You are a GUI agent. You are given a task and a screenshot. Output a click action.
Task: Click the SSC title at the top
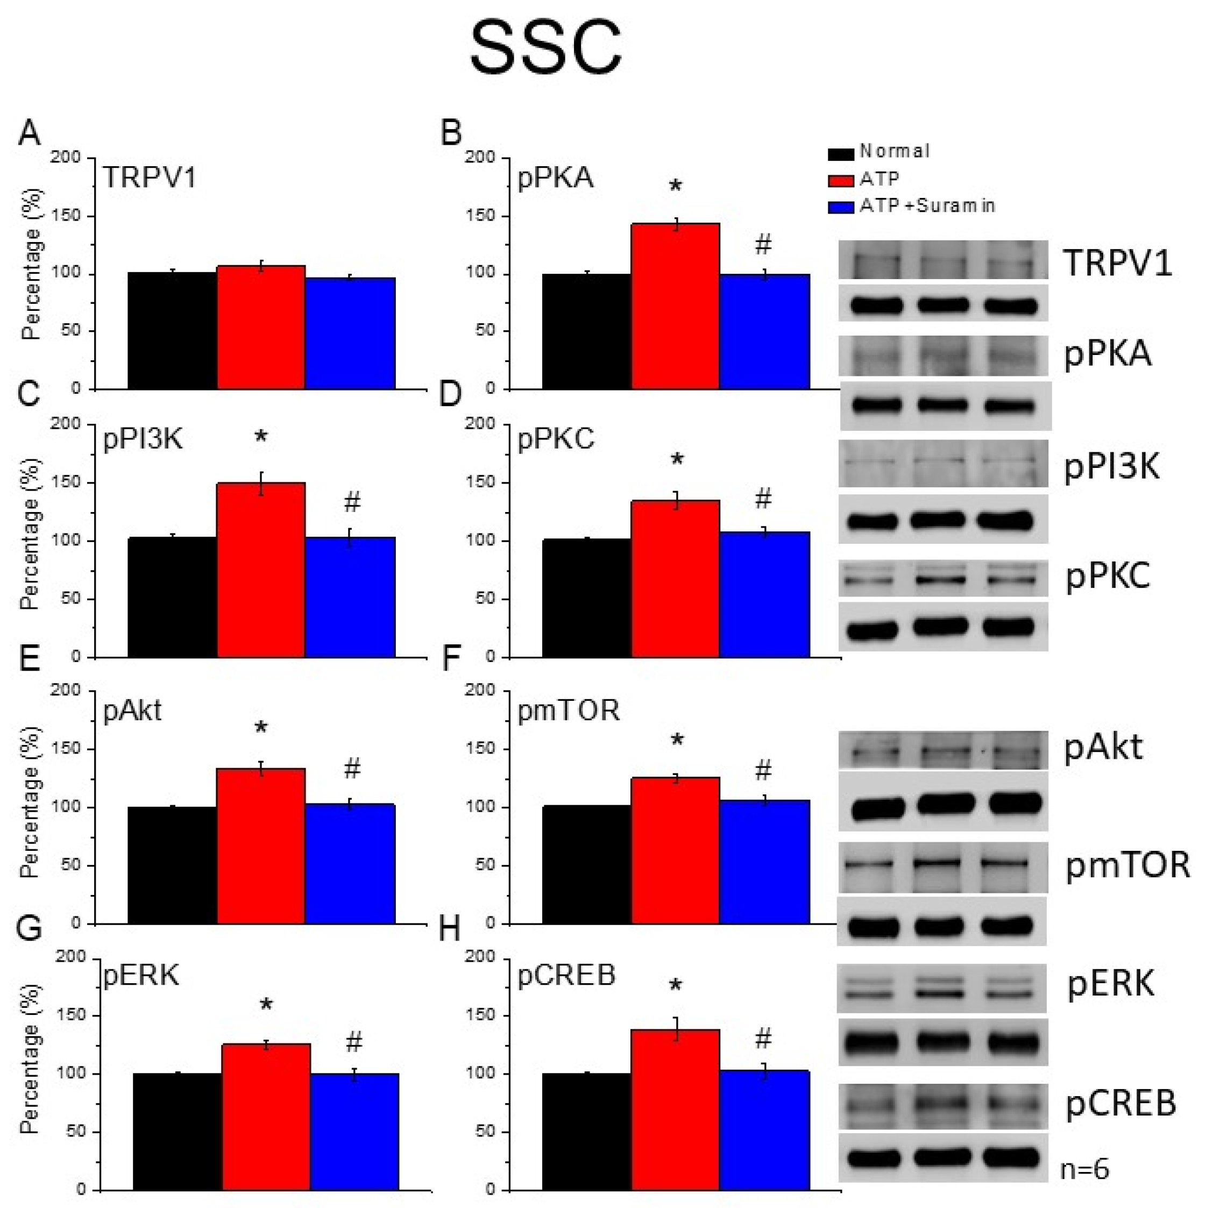click(x=545, y=47)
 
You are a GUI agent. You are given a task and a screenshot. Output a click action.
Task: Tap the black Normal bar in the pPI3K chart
click(x=172, y=596)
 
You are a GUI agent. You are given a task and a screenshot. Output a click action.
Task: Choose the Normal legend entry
click(x=878, y=152)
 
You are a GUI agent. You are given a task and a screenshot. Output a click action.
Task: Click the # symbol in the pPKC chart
click(x=763, y=499)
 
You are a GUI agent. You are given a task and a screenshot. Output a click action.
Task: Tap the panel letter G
click(x=29, y=929)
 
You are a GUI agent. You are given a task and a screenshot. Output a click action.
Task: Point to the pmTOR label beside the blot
click(x=1127, y=865)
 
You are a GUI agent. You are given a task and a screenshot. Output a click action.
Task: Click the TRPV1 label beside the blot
click(x=1117, y=262)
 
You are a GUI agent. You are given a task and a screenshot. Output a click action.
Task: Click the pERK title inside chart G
click(x=141, y=974)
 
